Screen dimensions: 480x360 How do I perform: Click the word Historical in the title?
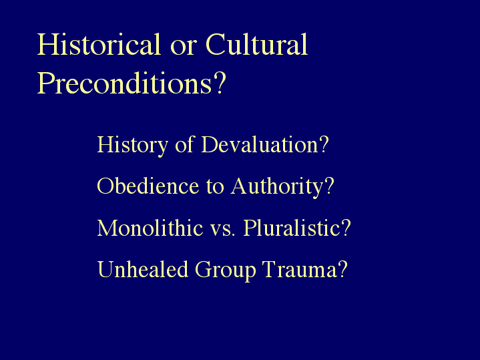click(x=99, y=44)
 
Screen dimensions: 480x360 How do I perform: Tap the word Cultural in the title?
click(x=256, y=44)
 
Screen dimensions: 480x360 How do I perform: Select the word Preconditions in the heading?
click(x=124, y=83)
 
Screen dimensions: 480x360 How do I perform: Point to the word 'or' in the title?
click(x=183, y=48)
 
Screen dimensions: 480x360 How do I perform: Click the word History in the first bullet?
click(x=133, y=145)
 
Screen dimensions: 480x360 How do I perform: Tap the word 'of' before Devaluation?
click(x=185, y=144)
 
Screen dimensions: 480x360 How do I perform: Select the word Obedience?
click(x=148, y=186)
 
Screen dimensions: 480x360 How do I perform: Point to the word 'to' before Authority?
click(x=215, y=187)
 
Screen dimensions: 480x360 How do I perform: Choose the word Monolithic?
click(x=150, y=228)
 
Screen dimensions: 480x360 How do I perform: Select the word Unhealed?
click(x=143, y=269)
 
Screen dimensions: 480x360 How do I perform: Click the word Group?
click(x=225, y=271)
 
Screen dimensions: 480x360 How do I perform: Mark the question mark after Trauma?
click(x=343, y=269)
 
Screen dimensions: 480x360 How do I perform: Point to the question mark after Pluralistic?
click(x=346, y=227)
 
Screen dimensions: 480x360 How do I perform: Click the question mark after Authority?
click(x=329, y=186)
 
